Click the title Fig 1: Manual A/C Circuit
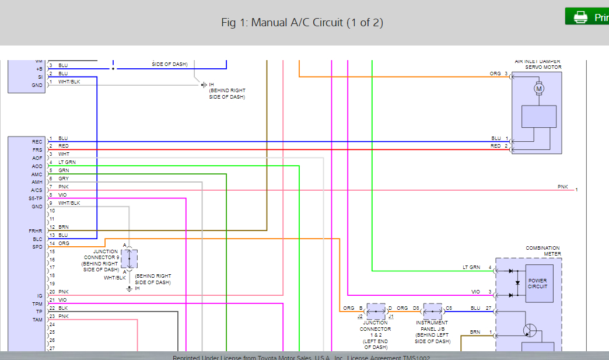tap(302, 23)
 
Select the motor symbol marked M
tap(539, 89)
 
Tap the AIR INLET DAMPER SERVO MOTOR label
tap(537, 64)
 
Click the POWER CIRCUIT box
tap(538, 284)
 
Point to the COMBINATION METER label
tap(542, 251)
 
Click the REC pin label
tap(37, 142)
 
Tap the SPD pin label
tap(37, 247)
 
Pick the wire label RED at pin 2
tap(64, 146)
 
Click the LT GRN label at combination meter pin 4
tap(471, 267)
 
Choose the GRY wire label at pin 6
tap(64, 179)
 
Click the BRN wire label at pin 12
tap(64, 227)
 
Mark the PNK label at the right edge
tap(562, 187)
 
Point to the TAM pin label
tap(37, 320)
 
